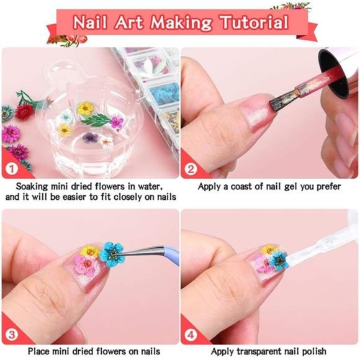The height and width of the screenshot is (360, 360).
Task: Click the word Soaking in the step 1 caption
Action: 34,186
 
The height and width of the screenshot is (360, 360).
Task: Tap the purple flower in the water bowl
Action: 89,136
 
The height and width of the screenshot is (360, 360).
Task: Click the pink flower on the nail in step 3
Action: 85,266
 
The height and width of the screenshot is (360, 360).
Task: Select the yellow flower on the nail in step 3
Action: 90,251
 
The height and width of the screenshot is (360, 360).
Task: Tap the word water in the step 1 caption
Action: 148,186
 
